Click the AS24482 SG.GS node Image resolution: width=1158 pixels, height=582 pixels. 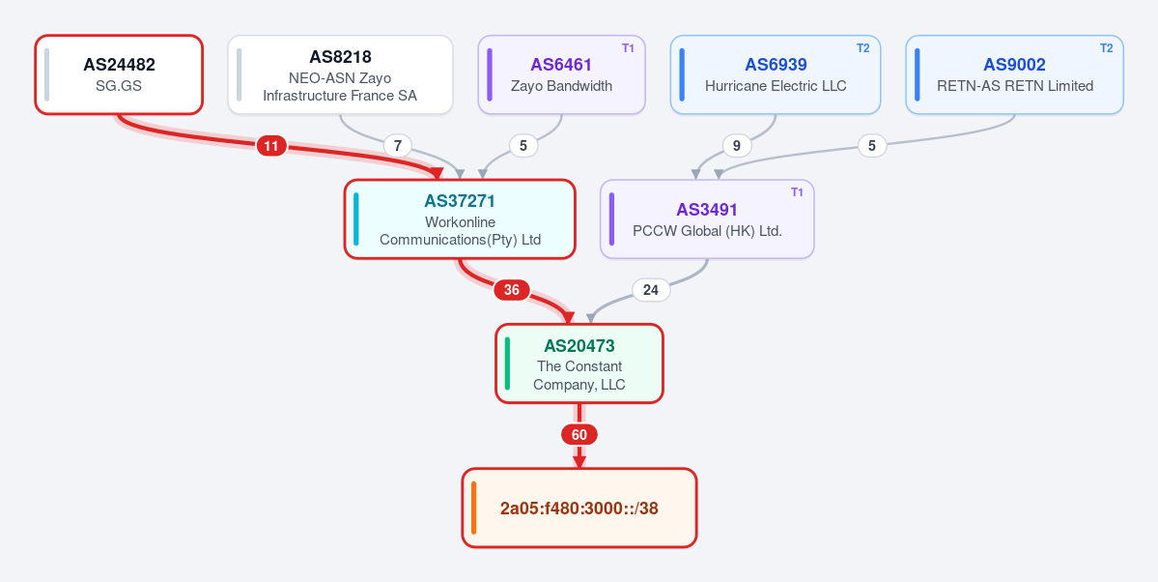119,74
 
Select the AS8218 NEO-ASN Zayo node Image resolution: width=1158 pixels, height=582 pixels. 341,74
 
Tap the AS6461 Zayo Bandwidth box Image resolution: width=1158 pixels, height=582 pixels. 562,74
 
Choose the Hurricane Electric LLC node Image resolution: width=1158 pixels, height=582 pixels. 776,74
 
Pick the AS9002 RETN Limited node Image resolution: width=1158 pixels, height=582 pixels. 1015,74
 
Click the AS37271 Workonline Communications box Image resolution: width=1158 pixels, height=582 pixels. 460,218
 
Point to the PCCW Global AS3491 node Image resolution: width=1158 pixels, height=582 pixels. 708,218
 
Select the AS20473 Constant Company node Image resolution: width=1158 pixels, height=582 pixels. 579,364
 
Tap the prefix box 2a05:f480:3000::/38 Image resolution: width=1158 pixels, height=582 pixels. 579,509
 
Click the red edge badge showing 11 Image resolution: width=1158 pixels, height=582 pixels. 271,146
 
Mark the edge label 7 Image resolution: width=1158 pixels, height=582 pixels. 398,146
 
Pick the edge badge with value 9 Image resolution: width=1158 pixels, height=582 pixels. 736,146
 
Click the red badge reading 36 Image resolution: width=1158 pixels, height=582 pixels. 512,291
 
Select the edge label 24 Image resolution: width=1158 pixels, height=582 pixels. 651,291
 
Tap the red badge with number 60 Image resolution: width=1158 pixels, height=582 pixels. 579,435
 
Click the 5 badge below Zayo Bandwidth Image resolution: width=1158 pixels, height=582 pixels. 523,146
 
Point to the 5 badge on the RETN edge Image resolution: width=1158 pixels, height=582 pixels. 872,146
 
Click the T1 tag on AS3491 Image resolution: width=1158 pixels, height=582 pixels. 797,192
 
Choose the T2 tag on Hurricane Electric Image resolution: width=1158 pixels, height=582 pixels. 863,48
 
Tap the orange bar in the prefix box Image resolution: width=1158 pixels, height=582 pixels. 473,509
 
